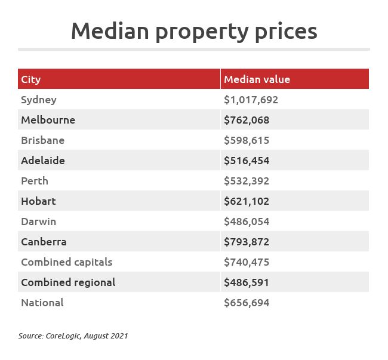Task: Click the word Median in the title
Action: [109, 31]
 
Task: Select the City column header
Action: [31, 79]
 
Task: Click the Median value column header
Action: [257, 79]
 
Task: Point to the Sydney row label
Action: [38, 100]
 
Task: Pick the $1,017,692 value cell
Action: [251, 100]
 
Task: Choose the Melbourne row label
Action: [48, 120]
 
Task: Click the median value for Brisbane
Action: [247, 140]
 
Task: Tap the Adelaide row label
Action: [42, 161]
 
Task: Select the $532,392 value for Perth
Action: [247, 181]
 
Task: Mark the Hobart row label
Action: [38, 201]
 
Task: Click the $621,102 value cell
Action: [247, 201]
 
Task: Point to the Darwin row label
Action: [38, 221]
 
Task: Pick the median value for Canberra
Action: [247, 242]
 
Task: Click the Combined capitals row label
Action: [66, 262]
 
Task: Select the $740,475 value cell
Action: [247, 262]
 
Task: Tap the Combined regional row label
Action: [68, 282]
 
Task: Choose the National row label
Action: [42, 303]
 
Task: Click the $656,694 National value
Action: [247, 303]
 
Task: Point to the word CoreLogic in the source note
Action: [64, 336]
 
